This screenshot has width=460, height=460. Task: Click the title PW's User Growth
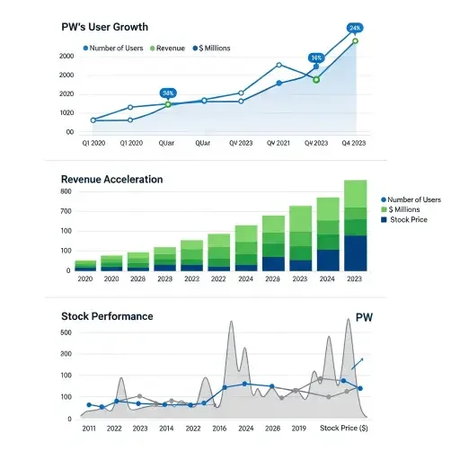coord(105,28)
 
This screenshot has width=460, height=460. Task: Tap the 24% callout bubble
coord(355,28)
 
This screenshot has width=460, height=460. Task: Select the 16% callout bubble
coord(316,57)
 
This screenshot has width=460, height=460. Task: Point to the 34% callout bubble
coord(168,93)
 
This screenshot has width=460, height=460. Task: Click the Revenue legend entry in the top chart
coord(170,48)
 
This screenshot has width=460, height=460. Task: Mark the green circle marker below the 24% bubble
coord(355,41)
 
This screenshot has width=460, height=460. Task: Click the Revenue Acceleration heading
coord(111,180)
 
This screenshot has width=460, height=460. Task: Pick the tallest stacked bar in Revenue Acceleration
coord(356,225)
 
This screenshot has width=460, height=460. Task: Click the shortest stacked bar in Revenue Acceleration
coord(85,265)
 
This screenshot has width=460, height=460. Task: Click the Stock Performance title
coord(107,316)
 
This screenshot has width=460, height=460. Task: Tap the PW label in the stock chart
coord(364,317)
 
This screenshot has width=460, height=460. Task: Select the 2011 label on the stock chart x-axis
coord(88,429)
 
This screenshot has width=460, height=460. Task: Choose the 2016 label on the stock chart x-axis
coord(220,429)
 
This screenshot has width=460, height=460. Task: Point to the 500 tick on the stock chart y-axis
coord(66,332)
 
